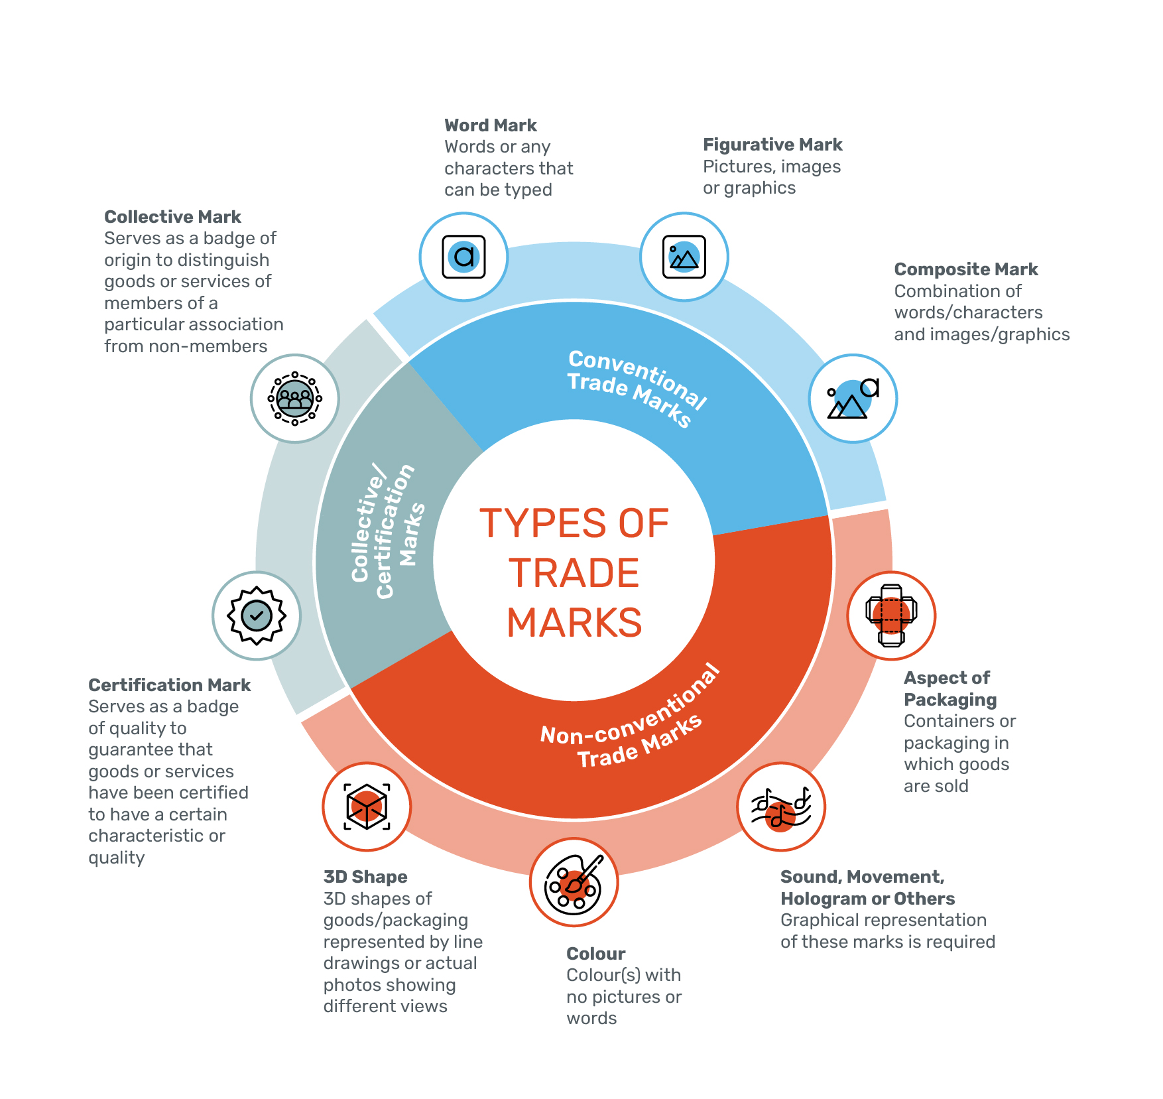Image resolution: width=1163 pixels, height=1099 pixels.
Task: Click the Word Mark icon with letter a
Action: click(x=463, y=257)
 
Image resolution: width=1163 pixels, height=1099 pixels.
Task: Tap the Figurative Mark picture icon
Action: click(x=684, y=257)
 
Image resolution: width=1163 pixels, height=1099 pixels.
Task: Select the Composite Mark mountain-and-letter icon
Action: click(x=853, y=398)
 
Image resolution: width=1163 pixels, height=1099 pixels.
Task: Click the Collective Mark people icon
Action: click(x=295, y=398)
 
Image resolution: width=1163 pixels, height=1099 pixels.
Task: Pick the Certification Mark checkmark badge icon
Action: click(x=257, y=615)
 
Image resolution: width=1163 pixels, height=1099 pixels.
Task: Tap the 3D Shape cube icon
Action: click(x=367, y=807)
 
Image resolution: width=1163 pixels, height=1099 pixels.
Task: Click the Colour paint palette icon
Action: click(x=574, y=882)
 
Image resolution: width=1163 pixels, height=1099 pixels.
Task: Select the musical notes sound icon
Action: click(x=781, y=807)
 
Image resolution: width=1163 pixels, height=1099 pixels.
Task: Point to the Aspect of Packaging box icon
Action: click(x=891, y=615)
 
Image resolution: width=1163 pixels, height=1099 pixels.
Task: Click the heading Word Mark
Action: click(x=490, y=125)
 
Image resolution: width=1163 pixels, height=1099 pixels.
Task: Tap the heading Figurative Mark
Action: click(x=772, y=145)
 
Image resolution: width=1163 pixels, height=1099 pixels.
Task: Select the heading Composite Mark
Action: click(x=965, y=269)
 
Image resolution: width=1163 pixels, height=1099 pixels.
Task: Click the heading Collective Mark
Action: click(x=172, y=217)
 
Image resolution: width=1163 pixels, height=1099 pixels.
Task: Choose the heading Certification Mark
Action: click(x=169, y=685)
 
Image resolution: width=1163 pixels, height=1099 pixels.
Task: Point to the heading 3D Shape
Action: click(x=365, y=877)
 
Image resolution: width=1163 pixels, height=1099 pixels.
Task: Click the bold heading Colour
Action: click(x=595, y=954)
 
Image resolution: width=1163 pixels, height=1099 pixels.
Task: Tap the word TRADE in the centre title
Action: click(x=574, y=573)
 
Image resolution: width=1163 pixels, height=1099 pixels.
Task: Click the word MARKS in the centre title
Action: click(x=574, y=623)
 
